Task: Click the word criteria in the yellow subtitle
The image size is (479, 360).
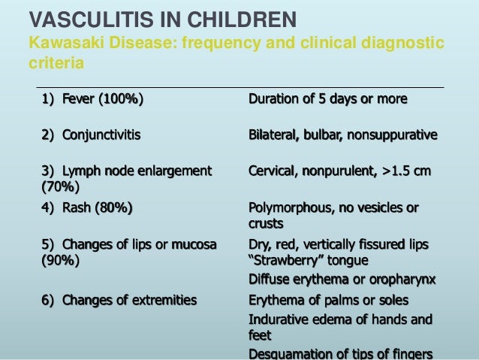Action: pyautogui.click(x=56, y=64)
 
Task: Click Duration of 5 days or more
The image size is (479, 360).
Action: pyautogui.click(x=328, y=99)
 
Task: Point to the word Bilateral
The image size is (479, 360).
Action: pyautogui.click(x=274, y=135)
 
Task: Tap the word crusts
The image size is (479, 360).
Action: pyautogui.click(x=266, y=223)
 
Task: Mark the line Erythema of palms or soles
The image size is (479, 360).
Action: pyautogui.click(x=329, y=301)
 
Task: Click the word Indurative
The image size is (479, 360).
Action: pyautogui.click(x=279, y=319)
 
